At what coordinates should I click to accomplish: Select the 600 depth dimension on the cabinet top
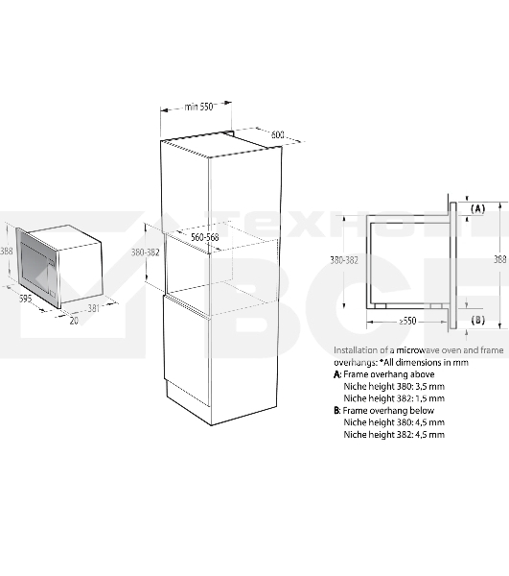277,134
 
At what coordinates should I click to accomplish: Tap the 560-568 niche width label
205,237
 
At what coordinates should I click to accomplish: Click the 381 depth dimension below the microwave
94,308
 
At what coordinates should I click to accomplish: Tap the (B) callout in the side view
477,320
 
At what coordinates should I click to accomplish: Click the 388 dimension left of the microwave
7,252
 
